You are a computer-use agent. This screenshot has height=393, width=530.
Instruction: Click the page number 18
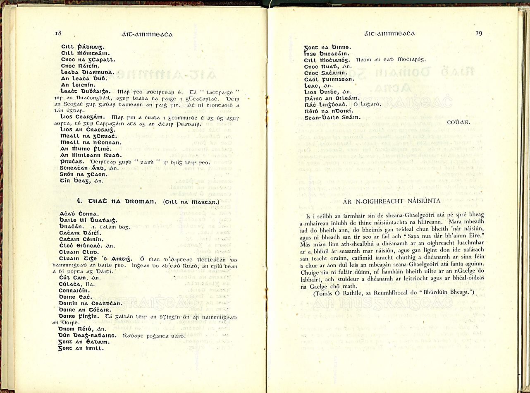58,33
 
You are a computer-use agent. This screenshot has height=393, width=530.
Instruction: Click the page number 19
478,33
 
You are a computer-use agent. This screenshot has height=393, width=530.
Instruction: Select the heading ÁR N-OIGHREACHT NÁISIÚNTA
392,201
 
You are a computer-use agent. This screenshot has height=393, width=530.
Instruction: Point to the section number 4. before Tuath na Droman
80,201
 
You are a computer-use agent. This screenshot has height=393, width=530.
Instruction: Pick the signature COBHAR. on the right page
457,123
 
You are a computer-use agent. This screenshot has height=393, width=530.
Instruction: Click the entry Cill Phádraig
83,47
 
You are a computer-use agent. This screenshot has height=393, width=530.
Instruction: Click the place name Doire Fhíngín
80,316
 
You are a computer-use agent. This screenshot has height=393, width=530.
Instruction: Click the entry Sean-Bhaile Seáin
333,117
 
